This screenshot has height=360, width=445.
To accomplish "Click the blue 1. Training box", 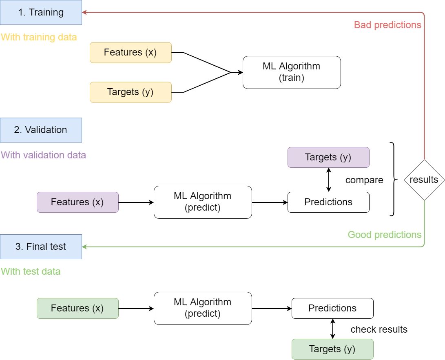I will (41, 12).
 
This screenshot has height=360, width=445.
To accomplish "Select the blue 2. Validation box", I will (41, 130).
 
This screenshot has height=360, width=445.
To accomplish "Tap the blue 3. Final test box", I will (41, 247).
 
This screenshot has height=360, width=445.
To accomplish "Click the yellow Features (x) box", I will (131, 53).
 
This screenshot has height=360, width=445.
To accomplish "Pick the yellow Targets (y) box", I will (131, 92).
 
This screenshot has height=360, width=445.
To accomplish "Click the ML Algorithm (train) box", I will (292, 72).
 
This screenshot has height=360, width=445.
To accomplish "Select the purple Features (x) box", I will (77, 202).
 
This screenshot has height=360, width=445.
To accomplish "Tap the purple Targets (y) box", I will (328, 157).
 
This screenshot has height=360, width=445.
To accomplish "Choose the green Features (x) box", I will (77, 308).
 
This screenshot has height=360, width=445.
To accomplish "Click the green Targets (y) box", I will (332, 349).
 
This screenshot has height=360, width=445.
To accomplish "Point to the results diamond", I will (424, 180).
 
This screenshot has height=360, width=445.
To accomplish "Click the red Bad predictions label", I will (387, 25).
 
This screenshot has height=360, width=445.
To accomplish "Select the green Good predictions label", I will (384, 235).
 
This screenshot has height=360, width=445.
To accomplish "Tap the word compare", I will (364, 180).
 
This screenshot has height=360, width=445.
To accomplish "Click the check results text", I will (379, 329).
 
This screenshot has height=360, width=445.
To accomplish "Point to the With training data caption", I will (39, 37).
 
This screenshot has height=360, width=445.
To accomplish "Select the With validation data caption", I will (44, 155).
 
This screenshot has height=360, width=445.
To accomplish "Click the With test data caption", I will (31, 271).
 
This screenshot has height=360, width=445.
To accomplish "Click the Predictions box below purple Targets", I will (328, 202).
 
